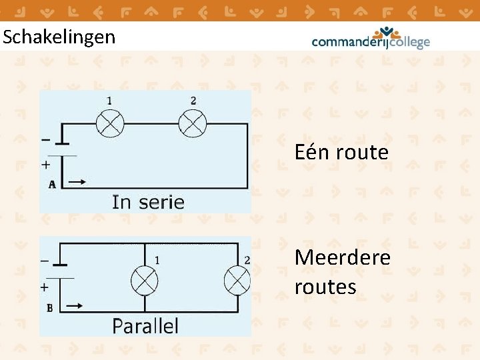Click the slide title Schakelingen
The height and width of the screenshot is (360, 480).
59,37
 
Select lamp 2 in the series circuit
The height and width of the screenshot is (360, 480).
193,123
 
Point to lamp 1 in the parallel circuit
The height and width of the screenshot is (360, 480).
143,280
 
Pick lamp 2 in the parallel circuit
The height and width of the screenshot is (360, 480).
237,280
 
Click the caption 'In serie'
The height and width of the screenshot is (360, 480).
148,201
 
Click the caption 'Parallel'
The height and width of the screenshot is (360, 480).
145,325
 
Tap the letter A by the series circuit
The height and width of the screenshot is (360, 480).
52,185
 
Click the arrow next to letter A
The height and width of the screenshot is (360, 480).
77,181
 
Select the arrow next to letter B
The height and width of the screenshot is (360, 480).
75,306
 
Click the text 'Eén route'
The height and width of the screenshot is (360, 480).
341,153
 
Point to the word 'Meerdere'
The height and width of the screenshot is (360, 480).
342,257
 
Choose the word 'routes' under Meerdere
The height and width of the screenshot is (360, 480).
325,287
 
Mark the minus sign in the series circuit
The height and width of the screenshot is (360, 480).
45,139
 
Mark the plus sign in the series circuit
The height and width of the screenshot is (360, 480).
46,163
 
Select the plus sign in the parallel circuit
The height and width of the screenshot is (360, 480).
45,287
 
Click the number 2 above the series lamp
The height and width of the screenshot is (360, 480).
193,101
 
